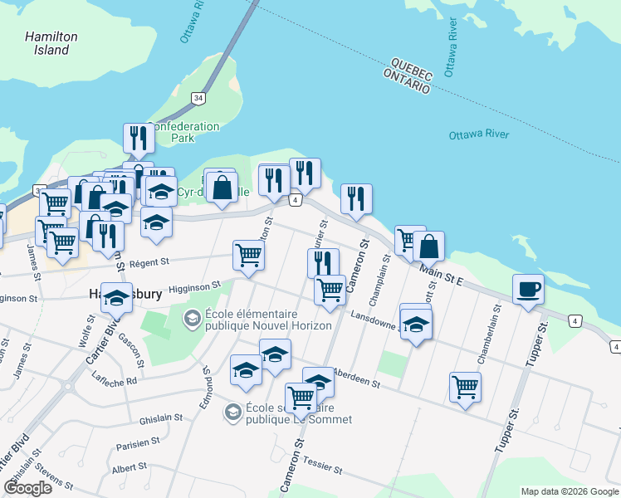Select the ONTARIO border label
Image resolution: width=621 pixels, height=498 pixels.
coord(407,80)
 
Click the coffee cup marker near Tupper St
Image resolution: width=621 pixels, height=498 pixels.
coord(528,290)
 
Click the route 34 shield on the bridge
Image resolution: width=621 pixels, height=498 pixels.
coord(198,98)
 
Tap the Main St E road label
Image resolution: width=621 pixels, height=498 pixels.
coord(441,275)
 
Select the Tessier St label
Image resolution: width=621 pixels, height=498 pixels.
coord(324,466)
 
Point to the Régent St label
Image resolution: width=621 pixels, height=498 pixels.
coord(149,262)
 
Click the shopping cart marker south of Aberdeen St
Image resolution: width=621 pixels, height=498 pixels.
coord(465,386)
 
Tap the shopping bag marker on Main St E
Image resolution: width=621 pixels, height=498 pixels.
coord(429,247)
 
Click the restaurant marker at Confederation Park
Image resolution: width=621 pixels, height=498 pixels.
coord(138,139)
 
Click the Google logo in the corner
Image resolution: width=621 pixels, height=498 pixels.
coord(27,488)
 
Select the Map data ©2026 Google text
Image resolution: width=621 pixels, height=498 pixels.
coord(570,491)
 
